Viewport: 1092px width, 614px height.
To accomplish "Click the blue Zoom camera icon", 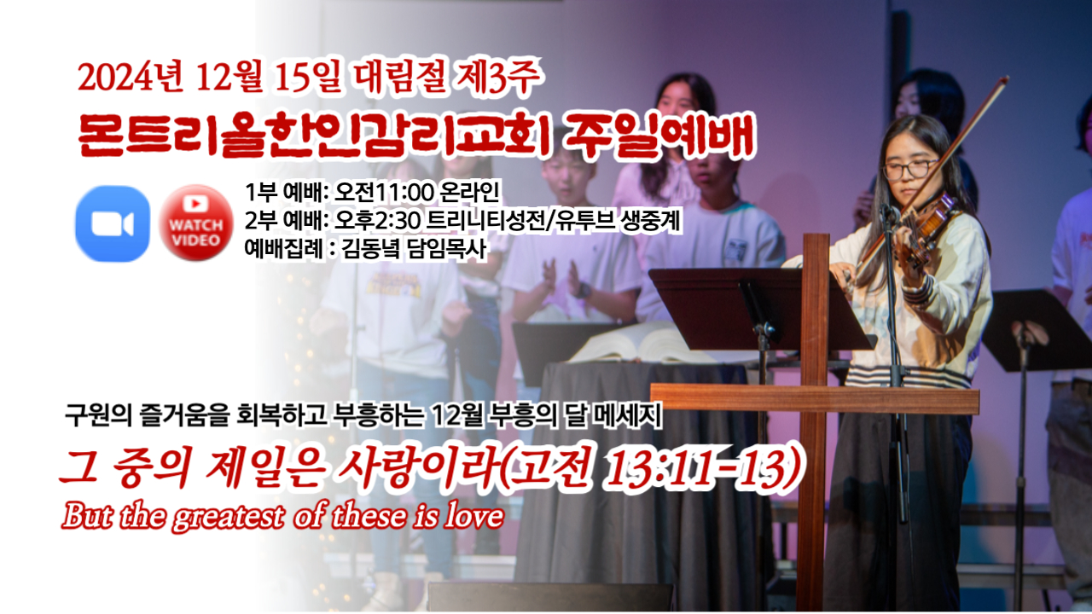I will (112, 223).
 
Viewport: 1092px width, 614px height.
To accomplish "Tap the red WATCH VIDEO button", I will (196, 223).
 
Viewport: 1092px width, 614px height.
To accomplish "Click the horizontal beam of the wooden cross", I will (814, 399).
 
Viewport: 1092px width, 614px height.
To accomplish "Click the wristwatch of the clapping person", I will (584, 290).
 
